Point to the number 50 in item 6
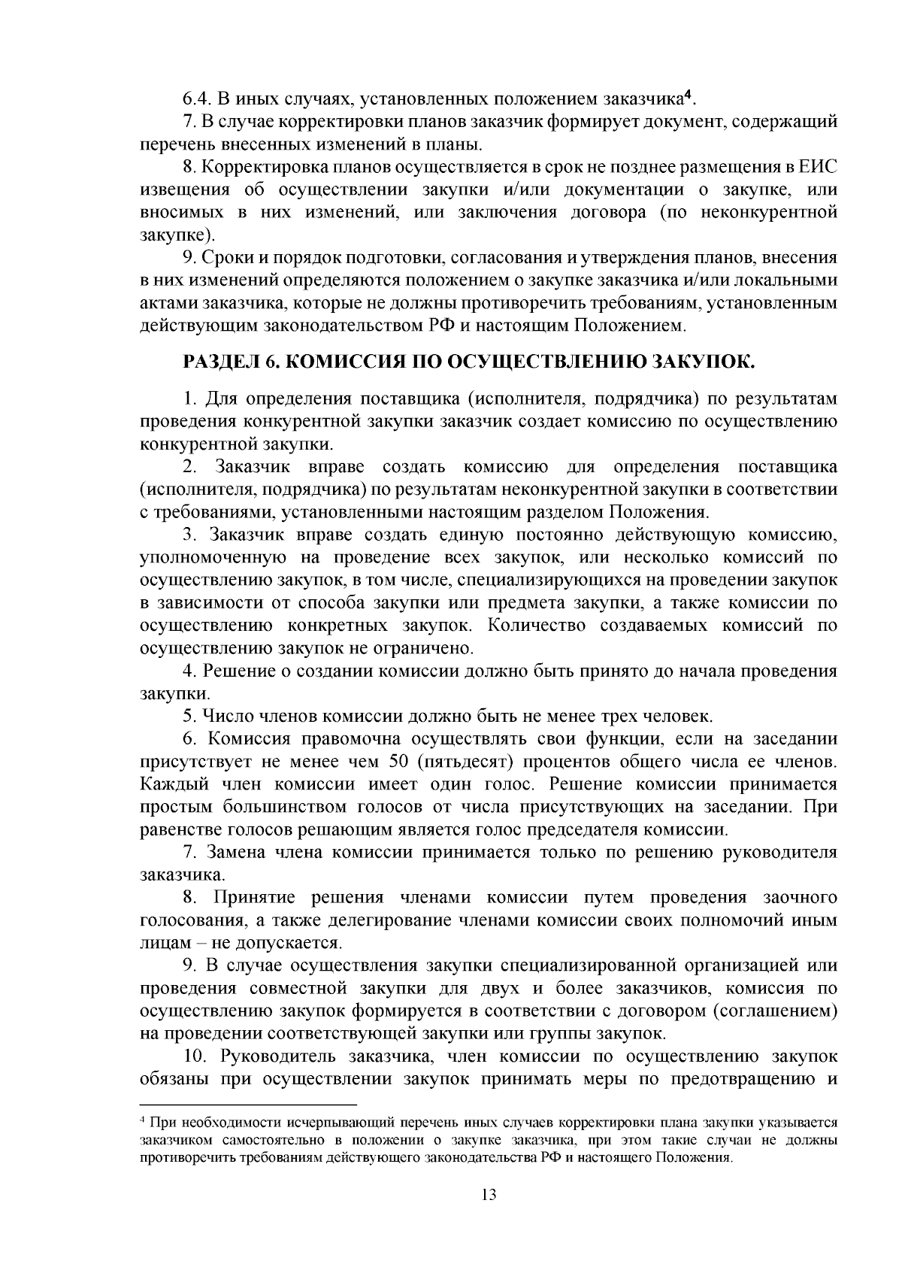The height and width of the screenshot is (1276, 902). pos(401,762)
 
